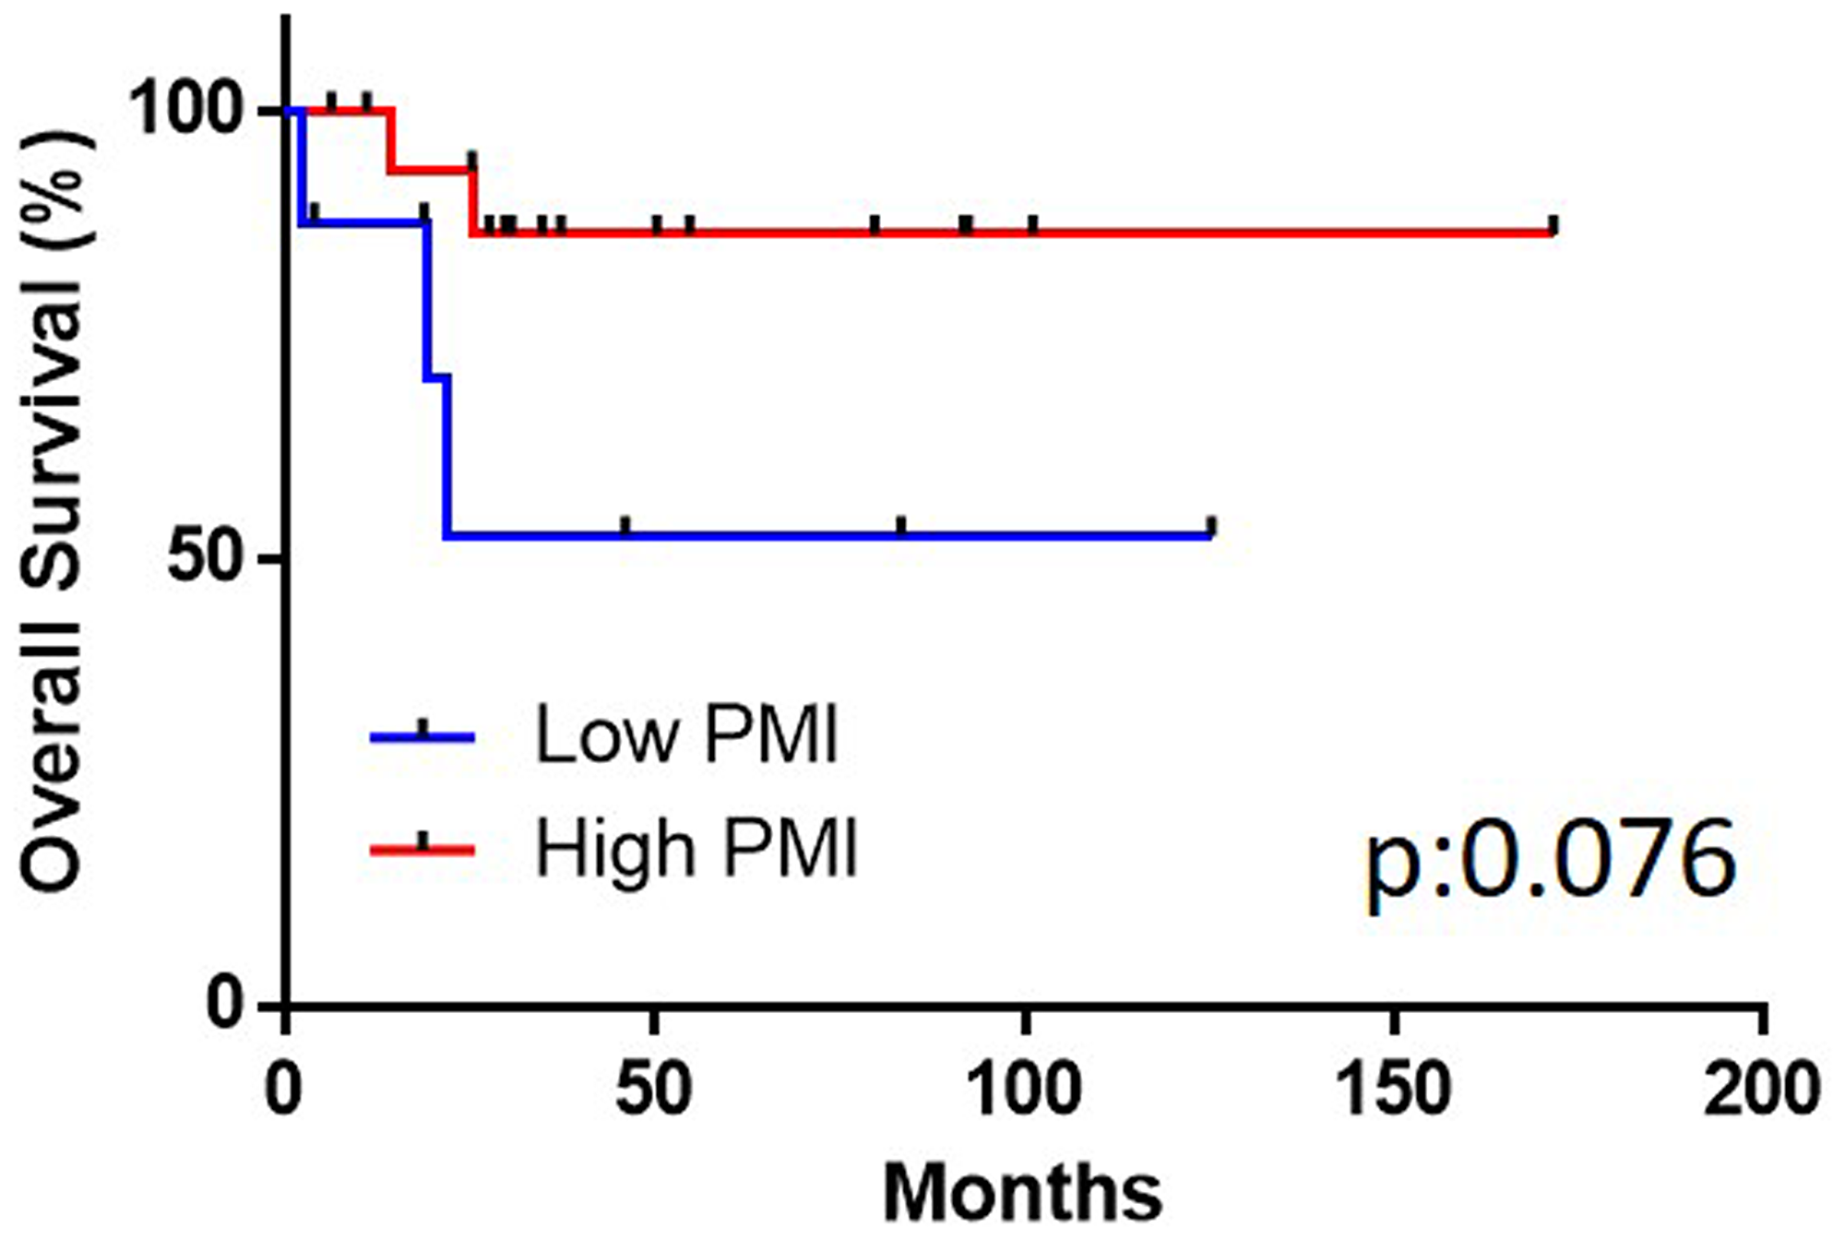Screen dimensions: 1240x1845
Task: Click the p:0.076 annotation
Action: click(x=1550, y=862)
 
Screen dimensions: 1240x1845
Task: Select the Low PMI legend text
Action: click(x=686, y=735)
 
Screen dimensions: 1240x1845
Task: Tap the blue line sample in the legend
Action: click(x=423, y=736)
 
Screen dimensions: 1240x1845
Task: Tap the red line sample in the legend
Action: click(x=423, y=847)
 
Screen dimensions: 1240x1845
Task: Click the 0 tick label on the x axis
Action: click(x=284, y=1090)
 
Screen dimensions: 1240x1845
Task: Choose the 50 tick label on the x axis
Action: click(x=653, y=1090)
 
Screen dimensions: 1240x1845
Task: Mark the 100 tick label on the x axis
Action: click(x=1024, y=1090)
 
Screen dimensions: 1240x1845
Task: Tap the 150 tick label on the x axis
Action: click(x=1393, y=1090)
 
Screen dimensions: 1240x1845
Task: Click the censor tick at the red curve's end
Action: click(x=1553, y=224)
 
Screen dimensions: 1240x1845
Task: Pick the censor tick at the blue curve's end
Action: click(x=1212, y=527)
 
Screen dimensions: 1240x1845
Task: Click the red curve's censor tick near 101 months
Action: click(x=1032, y=224)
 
